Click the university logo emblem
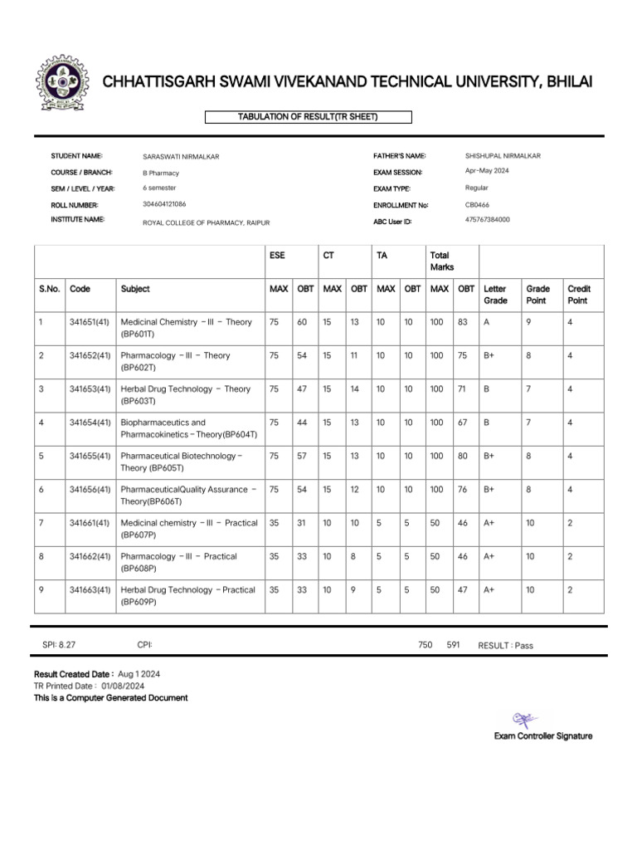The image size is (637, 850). click(61, 84)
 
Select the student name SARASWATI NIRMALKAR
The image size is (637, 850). click(181, 156)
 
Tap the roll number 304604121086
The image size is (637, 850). click(164, 203)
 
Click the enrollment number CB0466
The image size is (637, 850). click(477, 204)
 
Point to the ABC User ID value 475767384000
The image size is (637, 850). click(488, 219)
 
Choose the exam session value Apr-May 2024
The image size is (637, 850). click(487, 171)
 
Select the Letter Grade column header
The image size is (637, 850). click(495, 295)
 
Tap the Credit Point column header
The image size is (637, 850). click(578, 295)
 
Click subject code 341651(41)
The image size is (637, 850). click(90, 322)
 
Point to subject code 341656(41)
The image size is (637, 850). click(90, 490)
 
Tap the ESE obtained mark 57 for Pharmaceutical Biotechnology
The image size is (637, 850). click(302, 456)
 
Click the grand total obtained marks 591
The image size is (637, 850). click(453, 644)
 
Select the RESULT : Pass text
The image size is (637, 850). click(505, 645)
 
